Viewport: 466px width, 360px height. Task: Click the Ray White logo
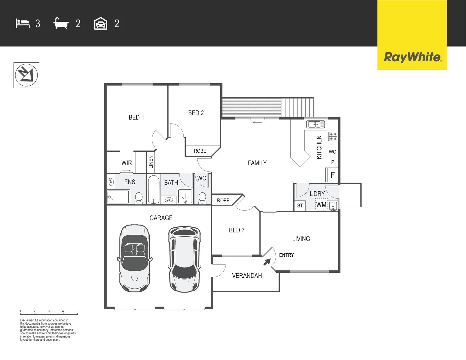point(412,57)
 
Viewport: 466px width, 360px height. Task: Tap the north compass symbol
point(26,75)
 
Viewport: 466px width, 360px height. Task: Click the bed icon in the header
point(23,23)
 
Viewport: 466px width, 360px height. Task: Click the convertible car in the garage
point(135,257)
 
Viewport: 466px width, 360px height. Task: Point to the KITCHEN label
point(319,147)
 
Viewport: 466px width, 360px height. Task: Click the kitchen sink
point(315,124)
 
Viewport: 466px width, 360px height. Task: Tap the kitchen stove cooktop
point(333,136)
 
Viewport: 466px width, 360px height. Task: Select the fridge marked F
point(332,175)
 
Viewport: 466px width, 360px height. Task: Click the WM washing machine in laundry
point(321,205)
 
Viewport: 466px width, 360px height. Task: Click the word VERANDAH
point(247,276)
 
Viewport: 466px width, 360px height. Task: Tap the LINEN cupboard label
point(151,162)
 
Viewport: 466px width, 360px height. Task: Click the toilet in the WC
point(202,197)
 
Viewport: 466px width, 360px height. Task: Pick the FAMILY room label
point(257,163)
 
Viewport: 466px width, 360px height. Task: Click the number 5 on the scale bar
point(77,311)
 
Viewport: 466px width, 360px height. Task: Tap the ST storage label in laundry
point(300,206)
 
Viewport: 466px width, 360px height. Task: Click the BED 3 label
point(237,230)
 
